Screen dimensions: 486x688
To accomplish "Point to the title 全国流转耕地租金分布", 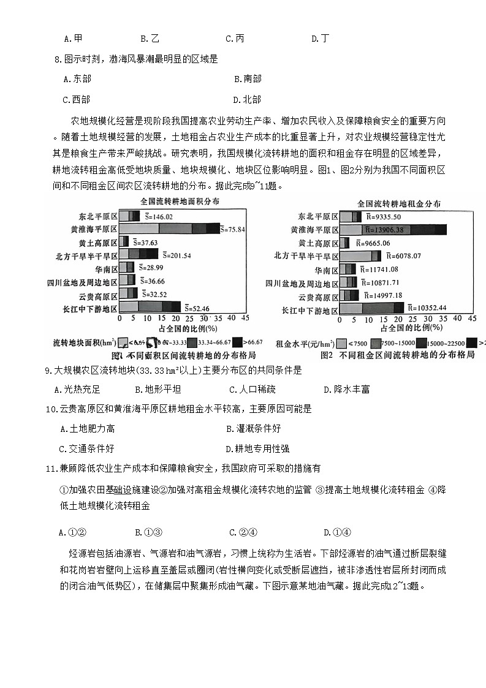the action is (398, 204).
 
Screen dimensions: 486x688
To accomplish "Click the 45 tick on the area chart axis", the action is (245, 319).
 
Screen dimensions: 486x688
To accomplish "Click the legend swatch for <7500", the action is (341, 343).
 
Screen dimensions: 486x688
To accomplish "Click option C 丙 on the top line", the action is (235, 39).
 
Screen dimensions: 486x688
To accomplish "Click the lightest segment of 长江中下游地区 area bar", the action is (129, 308).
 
